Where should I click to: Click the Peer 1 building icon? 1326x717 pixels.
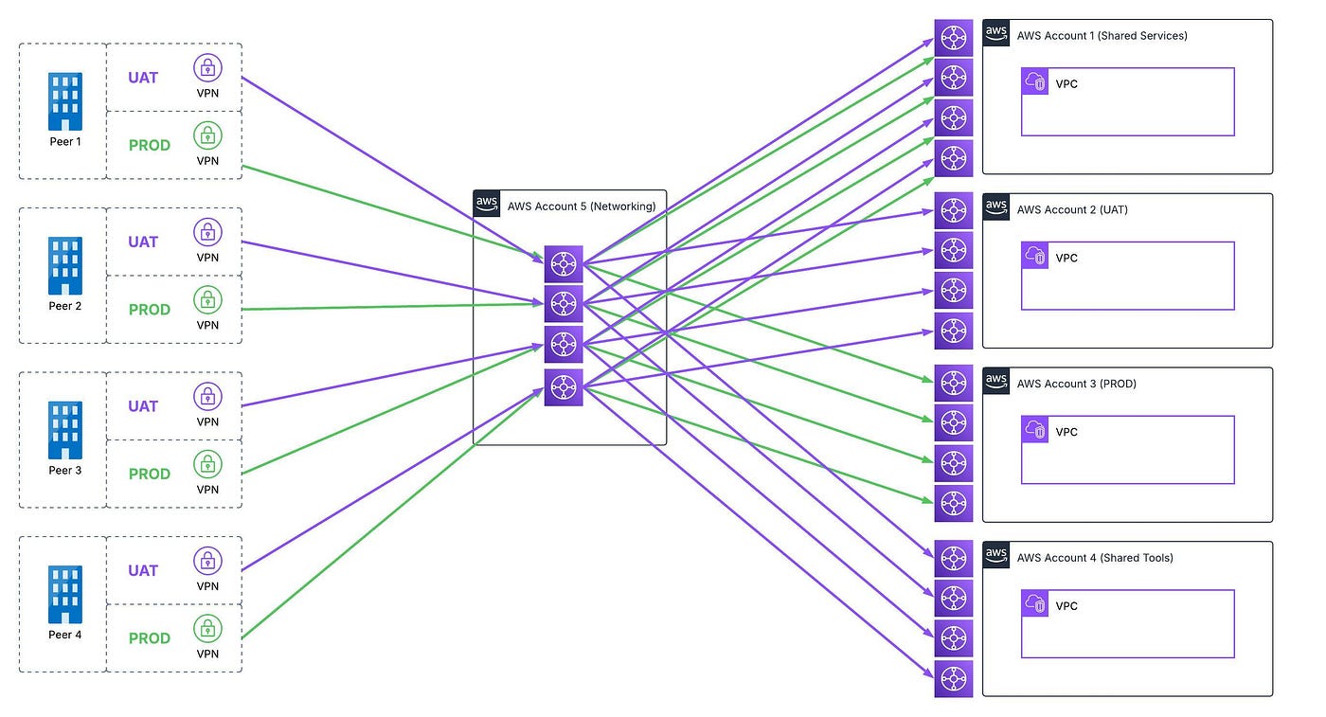pyautogui.click(x=65, y=101)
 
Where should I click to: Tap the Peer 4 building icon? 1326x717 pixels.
pyautogui.click(x=65, y=595)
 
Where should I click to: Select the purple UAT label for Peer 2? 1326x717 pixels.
pyautogui.click(x=143, y=242)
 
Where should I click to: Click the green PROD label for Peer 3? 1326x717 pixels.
pyautogui.click(x=150, y=475)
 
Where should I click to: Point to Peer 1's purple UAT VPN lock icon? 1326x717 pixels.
pyautogui.click(x=207, y=67)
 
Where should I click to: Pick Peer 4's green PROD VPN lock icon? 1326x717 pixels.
pyautogui.click(x=207, y=628)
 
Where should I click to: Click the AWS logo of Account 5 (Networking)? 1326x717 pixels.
pyautogui.click(x=487, y=204)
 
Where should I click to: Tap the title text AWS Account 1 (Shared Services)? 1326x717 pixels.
pyautogui.click(x=1102, y=36)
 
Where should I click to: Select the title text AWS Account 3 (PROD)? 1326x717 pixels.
pyautogui.click(x=1076, y=384)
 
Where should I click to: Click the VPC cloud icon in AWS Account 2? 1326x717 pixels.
pyautogui.click(x=1034, y=255)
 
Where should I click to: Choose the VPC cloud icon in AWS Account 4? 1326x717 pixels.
pyautogui.click(x=1034, y=603)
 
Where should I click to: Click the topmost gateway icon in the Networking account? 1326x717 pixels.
pyautogui.click(x=564, y=264)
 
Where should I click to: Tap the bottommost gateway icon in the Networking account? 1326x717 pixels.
pyautogui.click(x=564, y=387)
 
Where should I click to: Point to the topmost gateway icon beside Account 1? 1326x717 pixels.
pyautogui.click(x=954, y=38)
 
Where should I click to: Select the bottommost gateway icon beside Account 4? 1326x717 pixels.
pyautogui.click(x=954, y=678)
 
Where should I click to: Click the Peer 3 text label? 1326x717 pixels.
pyautogui.click(x=65, y=470)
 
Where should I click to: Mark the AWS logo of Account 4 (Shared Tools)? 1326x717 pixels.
pyautogui.click(x=996, y=555)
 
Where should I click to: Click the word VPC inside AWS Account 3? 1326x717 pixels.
pyautogui.click(x=1066, y=432)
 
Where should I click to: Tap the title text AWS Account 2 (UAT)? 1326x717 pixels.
pyautogui.click(x=1072, y=209)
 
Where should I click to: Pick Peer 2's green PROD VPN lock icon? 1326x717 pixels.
pyautogui.click(x=207, y=299)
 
